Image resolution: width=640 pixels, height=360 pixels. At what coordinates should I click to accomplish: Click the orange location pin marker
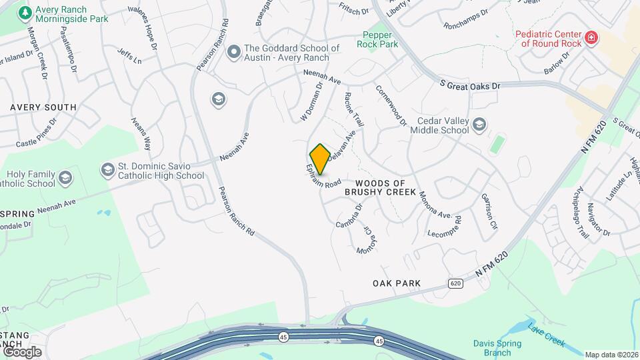click(x=320, y=159)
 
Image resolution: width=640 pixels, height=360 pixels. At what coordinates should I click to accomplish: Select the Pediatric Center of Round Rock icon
click(x=591, y=39)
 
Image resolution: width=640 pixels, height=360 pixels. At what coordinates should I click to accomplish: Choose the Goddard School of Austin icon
click(x=233, y=52)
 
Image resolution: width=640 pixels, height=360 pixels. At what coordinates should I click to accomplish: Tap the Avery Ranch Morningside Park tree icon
click(x=25, y=13)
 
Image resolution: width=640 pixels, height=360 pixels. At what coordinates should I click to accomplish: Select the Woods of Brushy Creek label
click(x=380, y=187)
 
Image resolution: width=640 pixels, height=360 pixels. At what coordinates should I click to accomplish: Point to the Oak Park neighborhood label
click(x=397, y=283)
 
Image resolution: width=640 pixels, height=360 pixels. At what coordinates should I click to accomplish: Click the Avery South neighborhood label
click(x=43, y=107)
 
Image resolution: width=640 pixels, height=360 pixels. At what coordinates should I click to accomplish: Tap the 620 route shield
click(x=455, y=283)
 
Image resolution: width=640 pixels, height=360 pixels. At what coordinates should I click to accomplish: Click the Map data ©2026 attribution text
click(x=611, y=355)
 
